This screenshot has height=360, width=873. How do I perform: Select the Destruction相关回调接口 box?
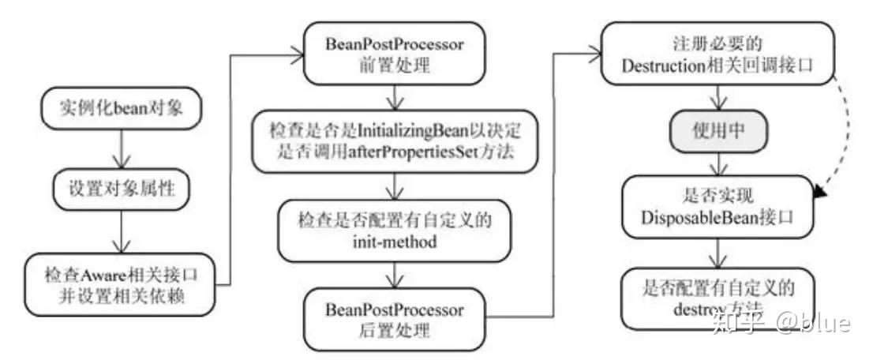[716, 54]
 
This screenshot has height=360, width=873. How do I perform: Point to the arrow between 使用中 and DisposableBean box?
[716, 166]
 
